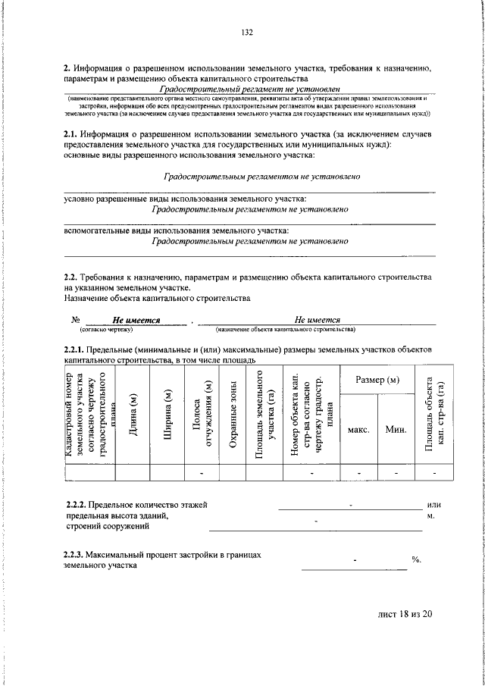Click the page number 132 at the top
pos(246,33)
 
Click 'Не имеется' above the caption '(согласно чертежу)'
pos(136,320)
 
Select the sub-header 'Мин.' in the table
pos(396,429)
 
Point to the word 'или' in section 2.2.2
pos(433,504)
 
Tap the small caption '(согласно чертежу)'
pos(106,330)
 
